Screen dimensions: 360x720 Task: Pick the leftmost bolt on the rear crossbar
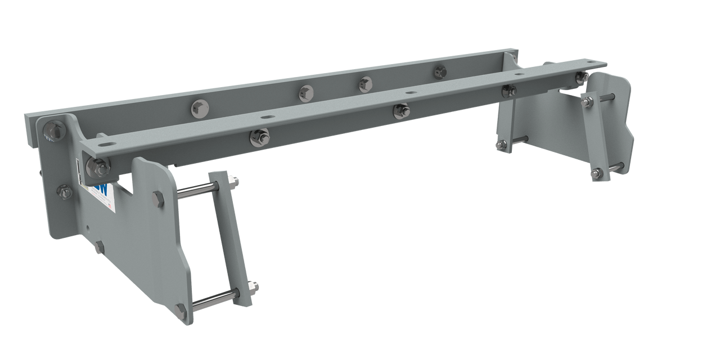point(199,107)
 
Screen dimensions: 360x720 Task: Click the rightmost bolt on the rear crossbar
point(440,71)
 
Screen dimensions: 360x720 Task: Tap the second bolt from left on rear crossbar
point(306,91)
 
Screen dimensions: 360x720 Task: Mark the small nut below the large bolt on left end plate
point(65,193)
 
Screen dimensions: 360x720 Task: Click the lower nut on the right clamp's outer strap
point(597,172)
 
